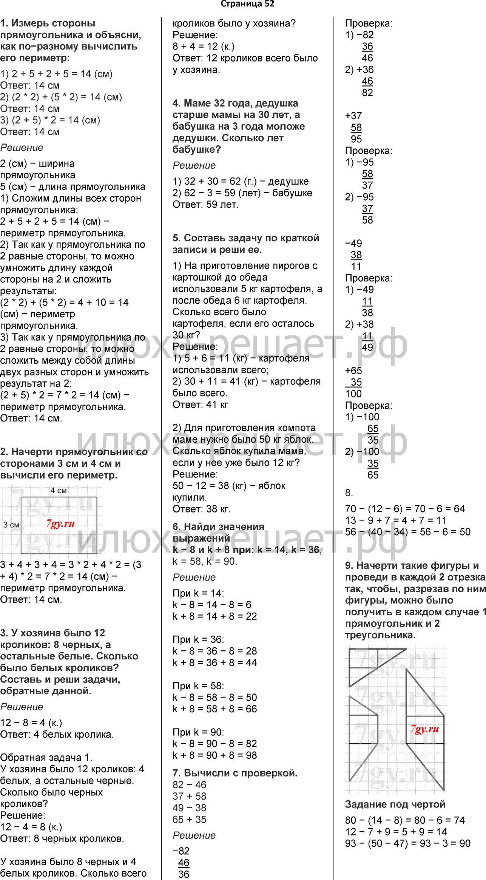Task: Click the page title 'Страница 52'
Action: pyautogui.click(x=247, y=4)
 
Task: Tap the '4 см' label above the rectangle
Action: pyautogui.click(x=59, y=490)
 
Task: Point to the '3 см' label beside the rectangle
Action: pyautogui.click(x=11, y=525)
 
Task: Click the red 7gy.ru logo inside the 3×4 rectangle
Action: pyautogui.click(x=60, y=523)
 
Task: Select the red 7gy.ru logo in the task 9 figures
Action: pyautogui.click(x=425, y=729)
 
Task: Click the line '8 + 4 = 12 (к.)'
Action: pyautogui.click(x=204, y=46)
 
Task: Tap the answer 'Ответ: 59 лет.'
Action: pyautogui.click(x=206, y=205)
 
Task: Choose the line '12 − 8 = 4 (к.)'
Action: pyautogui.click(x=31, y=723)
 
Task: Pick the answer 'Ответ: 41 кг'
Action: pyautogui.click(x=201, y=405)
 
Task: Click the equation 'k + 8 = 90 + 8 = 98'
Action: pyautogui.click(x=214, y=755)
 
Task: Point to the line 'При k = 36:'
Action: pyautogui.click(x=198, y=639)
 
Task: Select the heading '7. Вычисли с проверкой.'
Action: pyautogui.click(x=235, y=773)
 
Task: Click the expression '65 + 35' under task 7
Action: pyautogui.click(x=190, y=820)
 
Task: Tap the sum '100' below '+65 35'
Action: pyautogui.click(x=353, y=394)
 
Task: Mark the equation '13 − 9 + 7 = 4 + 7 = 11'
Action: pyautogui.click(x=396, y=520)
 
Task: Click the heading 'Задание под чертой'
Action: pyautogui.click(x=395, y=804)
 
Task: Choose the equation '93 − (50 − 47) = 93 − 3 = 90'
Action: pyautogui.click(x=408, y=843)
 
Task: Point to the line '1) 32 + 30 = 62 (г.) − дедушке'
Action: pyautogui.click(x=241, y=181)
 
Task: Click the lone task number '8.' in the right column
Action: pyautogui.click(x=349, y=493)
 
